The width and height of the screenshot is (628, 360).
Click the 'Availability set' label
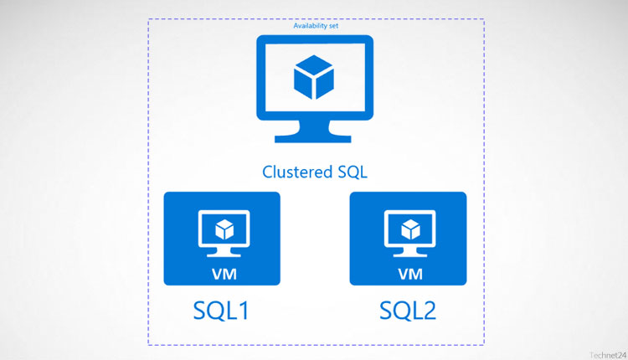pyautogui.click(x=316, y=26)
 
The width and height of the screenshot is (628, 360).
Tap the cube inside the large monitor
pyautogui.click(x=315, y=78)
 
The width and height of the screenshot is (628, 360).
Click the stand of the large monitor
pyautogui.click(x=315, y=128)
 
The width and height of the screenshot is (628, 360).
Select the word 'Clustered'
pyautogui.click(x=295, y=172)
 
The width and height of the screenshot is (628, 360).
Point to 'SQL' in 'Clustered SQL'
pyautogui.click(x=352, y=172)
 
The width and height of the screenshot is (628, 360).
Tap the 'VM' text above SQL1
pyautogui.click(x=221, y=274)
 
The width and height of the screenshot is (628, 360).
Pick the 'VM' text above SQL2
pyautogui.click(x=409, y=274)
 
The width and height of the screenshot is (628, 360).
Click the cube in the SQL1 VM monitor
pyautogui.click(x=221, y=229)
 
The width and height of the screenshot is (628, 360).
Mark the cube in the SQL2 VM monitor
pyautogui.click(x=409, y=229)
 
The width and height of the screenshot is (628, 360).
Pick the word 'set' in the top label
pyautogui.click(x=333, y=26)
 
